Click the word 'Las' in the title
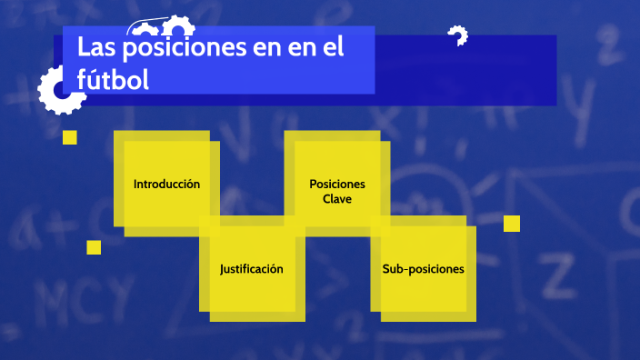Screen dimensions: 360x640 click(95, 47)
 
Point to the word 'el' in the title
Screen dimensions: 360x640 click(332, 47)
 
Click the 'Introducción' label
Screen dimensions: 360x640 click(166, 184)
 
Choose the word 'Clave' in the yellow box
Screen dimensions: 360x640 click(336, 199)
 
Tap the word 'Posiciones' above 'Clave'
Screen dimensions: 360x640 click(336, 184)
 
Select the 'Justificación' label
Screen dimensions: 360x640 click(252, 269)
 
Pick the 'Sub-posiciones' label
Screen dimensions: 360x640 click(423, 269)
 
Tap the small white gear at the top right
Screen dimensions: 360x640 click(458, 36)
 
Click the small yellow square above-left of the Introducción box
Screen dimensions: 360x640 click(69, 137)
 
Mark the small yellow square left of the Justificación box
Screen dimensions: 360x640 click(94, 247)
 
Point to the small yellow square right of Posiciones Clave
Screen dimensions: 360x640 click(512, 224)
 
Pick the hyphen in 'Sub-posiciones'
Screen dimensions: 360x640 click(406, 270)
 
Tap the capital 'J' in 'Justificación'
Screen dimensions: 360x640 click(223, 269)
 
